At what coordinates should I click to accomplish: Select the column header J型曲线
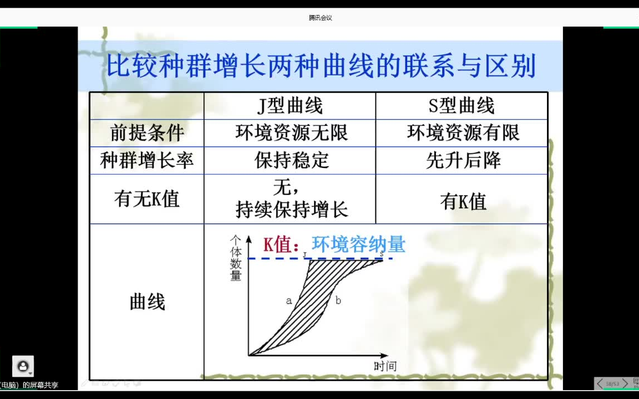pyautogui.click(x=290, y=106)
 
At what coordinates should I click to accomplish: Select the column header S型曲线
pyautogui.click(x=461, y=106)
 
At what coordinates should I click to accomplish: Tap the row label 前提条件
pyautogui.click(x=147, y=134)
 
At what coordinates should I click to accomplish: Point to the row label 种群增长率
pyautogui.click(x=147, y=161)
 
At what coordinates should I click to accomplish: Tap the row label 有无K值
pyautogui.click(x=147, y=199)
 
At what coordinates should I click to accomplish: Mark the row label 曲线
pyautogui.click(x=147, y=303)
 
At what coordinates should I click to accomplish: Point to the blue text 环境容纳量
pyautogui.click(x=358, y=244)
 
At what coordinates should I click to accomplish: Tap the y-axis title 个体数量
pyautogui.click(x=236, y=258)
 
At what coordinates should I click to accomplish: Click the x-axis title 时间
pyautogui.click(x=385, y=366)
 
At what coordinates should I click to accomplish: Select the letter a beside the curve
pyautogui.click(x=289, y=301)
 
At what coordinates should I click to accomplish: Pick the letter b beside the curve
pyautogui.click(x=338, y=301)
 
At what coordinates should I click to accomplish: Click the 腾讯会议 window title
pyautogui.click(x=321, y=18)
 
